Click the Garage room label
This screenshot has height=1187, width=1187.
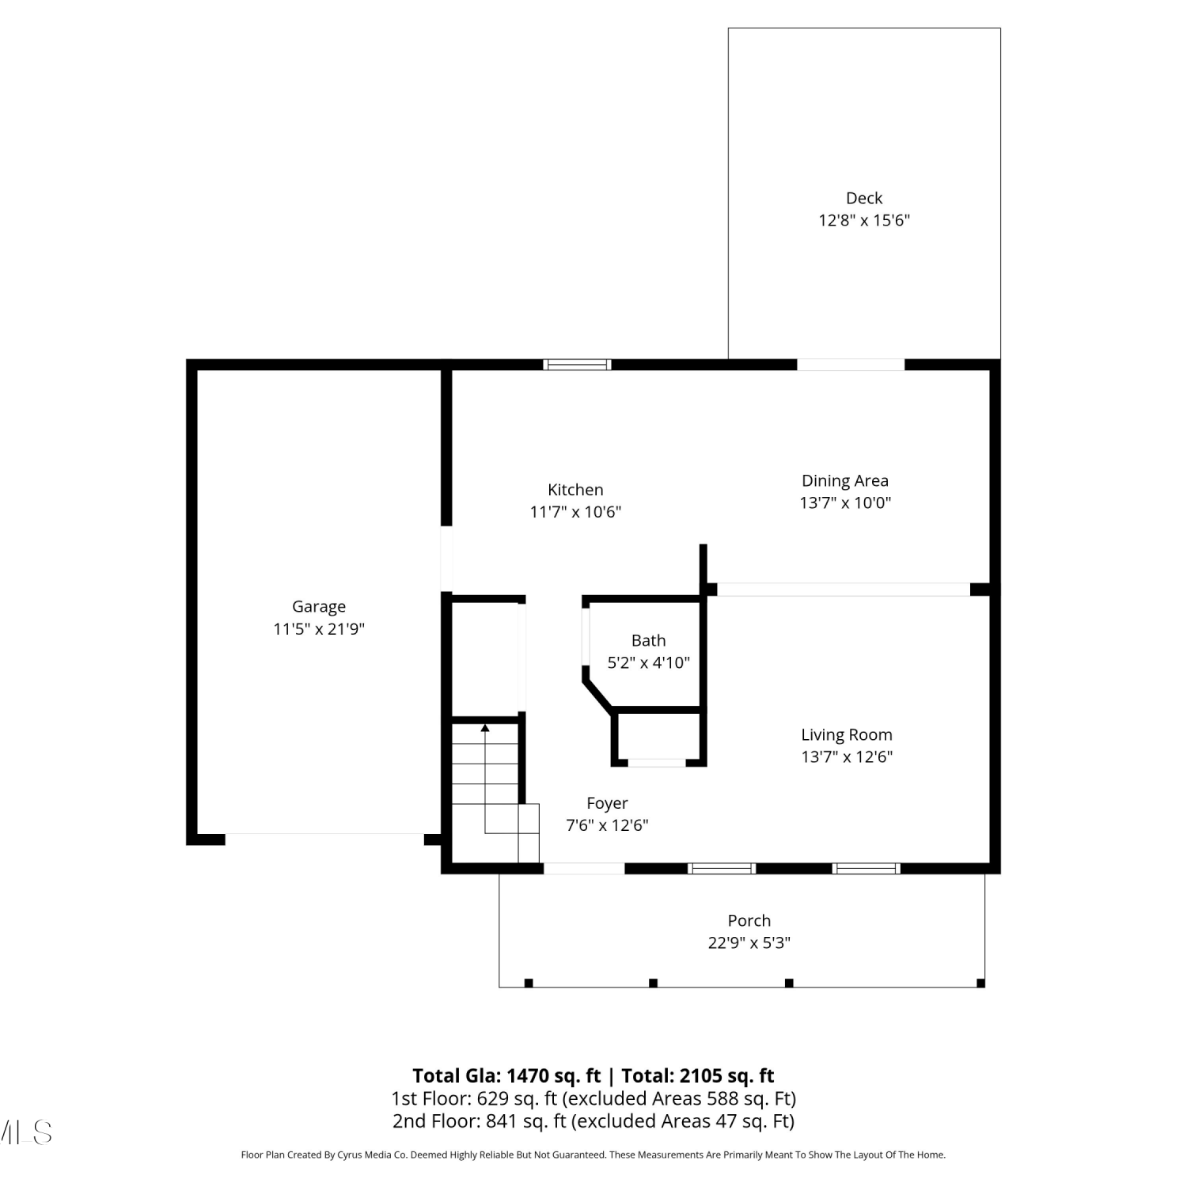tap(319, 607)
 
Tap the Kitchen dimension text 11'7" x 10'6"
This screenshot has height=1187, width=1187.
tap(575, 512)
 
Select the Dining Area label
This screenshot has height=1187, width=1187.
tap(845, 480)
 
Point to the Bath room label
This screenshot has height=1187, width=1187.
tap(648, 640)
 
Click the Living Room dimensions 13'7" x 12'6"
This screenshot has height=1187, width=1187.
tap(847, 757)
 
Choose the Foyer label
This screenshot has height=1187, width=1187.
tap(607, 803)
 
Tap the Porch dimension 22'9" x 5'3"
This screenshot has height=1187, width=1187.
tap(749, 942)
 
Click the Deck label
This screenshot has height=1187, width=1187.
tap(864, 198)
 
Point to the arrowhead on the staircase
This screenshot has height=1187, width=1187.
tap(485, 727)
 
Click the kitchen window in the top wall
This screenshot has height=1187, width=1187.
tap(577, 365)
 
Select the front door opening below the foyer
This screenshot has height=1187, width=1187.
tap(584, 868)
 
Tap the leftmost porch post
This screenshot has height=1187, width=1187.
tap(529, 983)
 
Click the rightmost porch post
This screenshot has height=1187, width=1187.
tap(980, 983)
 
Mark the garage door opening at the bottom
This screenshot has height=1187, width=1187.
tap(324, 839)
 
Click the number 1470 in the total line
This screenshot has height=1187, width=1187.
tap(529, 1075)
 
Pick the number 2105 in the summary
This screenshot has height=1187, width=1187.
tap(697, 1075)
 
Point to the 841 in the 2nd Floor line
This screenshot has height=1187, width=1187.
tap(502, 1121)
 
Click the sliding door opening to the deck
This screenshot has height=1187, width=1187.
tap(851, 365)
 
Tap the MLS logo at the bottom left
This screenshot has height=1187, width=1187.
tap(25, 1132)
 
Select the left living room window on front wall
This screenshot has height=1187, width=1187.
tap(722, 868)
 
